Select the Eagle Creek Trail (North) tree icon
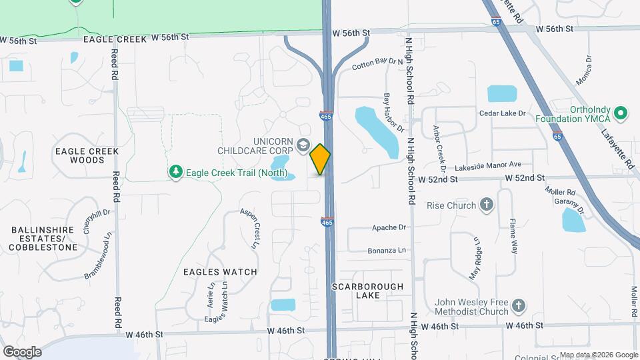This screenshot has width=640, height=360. [x=176, y=173]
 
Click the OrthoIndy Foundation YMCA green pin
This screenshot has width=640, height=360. [x=621, y=113]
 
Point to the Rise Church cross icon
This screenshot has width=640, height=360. [x=487, y=205]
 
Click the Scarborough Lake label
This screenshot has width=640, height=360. [x=367, y=291]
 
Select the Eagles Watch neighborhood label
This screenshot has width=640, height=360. [x=220, y=272]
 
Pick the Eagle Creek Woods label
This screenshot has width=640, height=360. [x=87, y=155]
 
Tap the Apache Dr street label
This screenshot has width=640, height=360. [x=389, y=227]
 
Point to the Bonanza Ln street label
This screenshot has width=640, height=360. [x=387, y=251]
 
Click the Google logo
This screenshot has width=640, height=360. [x=22, y=351]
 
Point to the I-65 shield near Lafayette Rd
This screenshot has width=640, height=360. [x=557, y=136]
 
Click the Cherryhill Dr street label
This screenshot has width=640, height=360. [x=87, y=221]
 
